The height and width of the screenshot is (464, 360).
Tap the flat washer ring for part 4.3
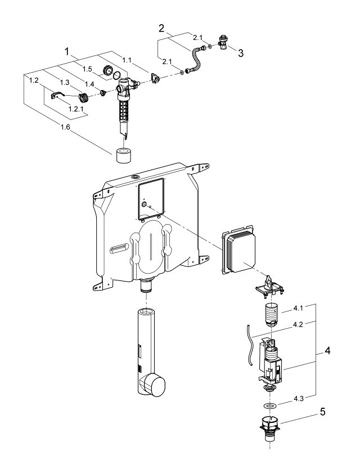[x=271, y=405]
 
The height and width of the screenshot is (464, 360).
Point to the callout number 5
[x=322, y=412]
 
